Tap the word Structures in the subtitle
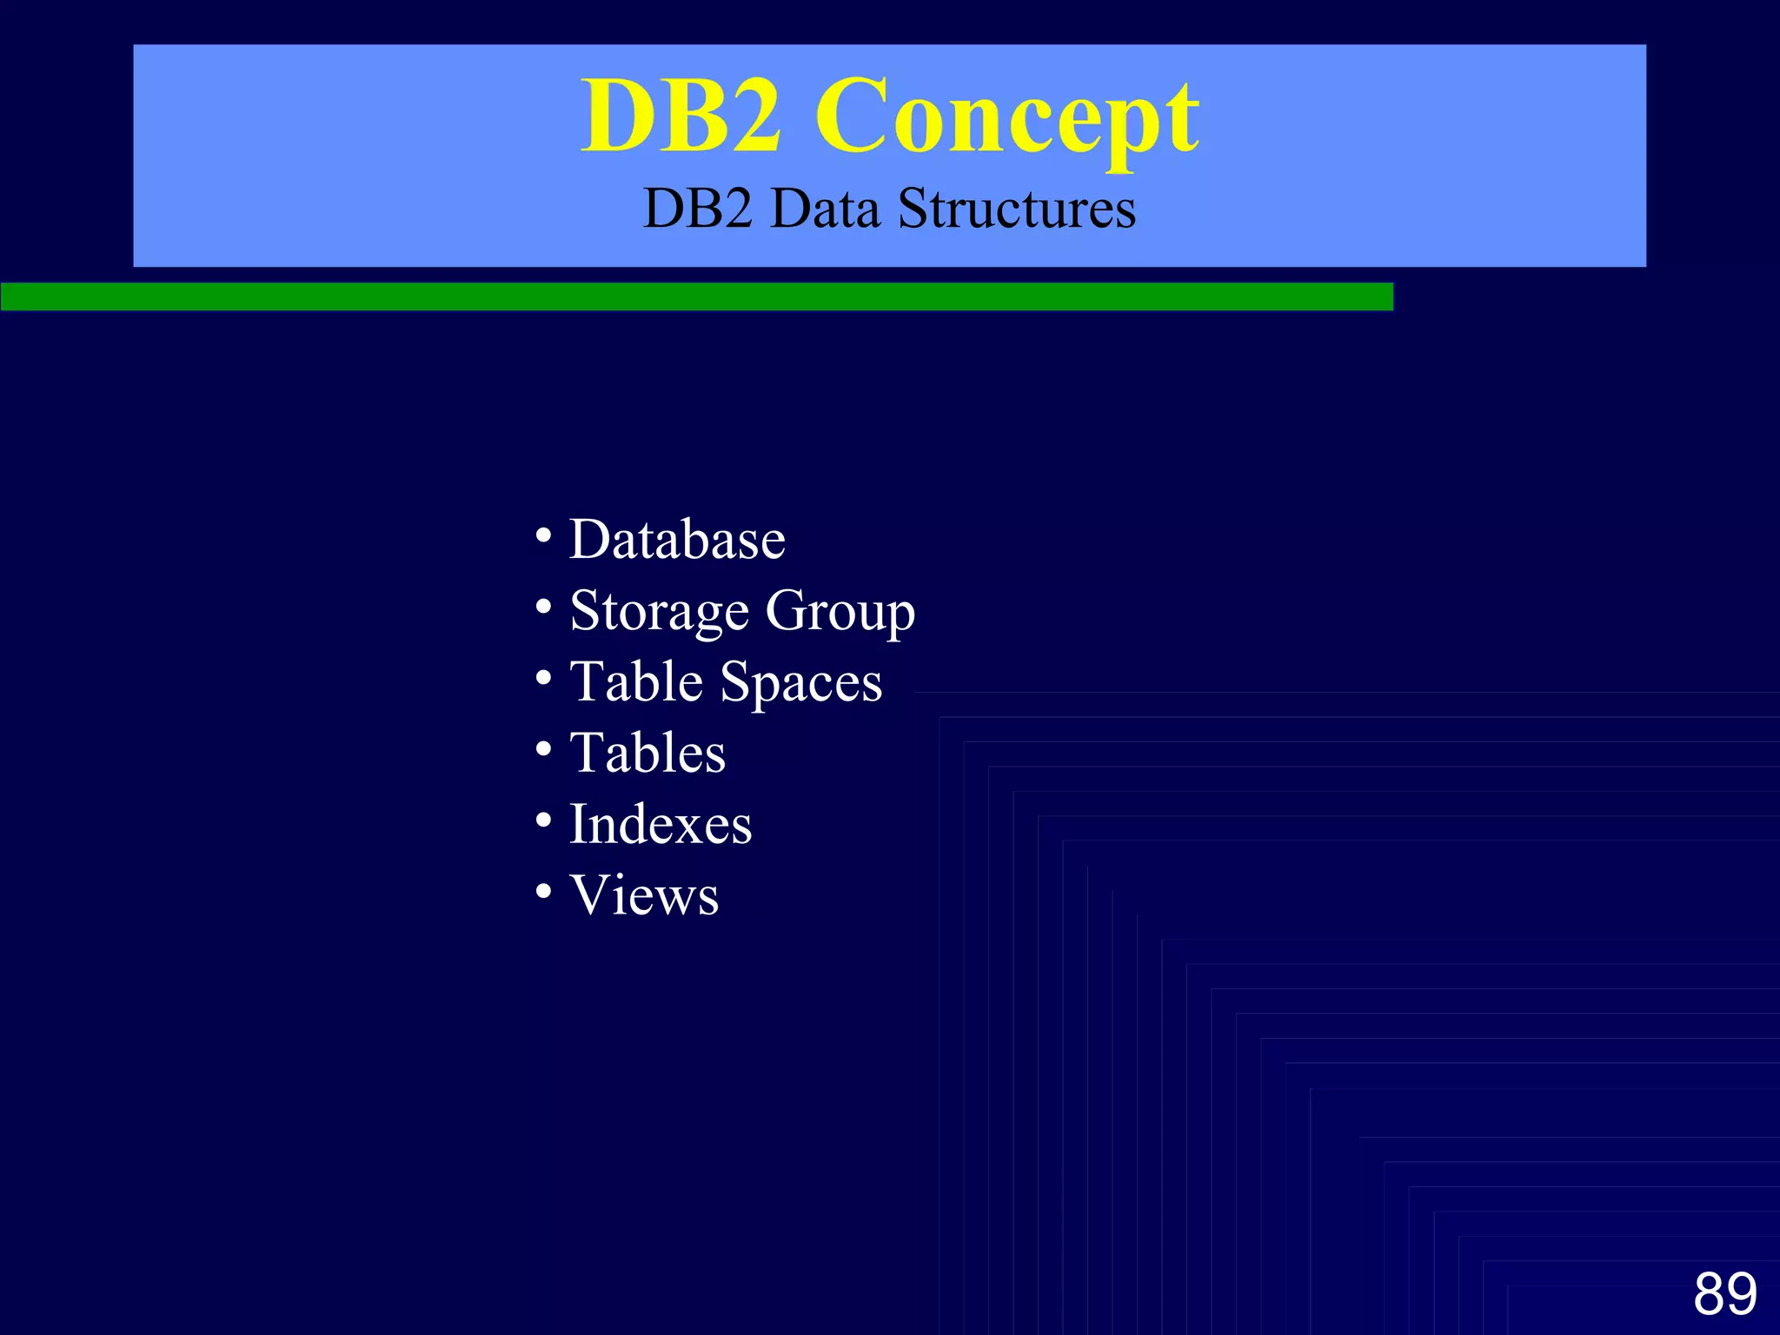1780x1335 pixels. (1016, 209)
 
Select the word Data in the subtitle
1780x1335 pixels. (825, 209)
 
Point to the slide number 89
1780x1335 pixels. (1724, 1294)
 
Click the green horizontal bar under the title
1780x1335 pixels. (695, 296)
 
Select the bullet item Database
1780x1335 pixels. (677, 540)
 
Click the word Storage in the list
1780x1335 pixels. (660, 611)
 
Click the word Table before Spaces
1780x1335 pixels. (636, 681)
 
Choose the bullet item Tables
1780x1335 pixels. (648, 753)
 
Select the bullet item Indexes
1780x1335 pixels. (661, 824)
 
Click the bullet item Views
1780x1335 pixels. (644, 895)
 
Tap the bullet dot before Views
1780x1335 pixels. (544, 891)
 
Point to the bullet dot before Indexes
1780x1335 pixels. (544, 820)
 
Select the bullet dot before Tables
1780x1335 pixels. (544, 748)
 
